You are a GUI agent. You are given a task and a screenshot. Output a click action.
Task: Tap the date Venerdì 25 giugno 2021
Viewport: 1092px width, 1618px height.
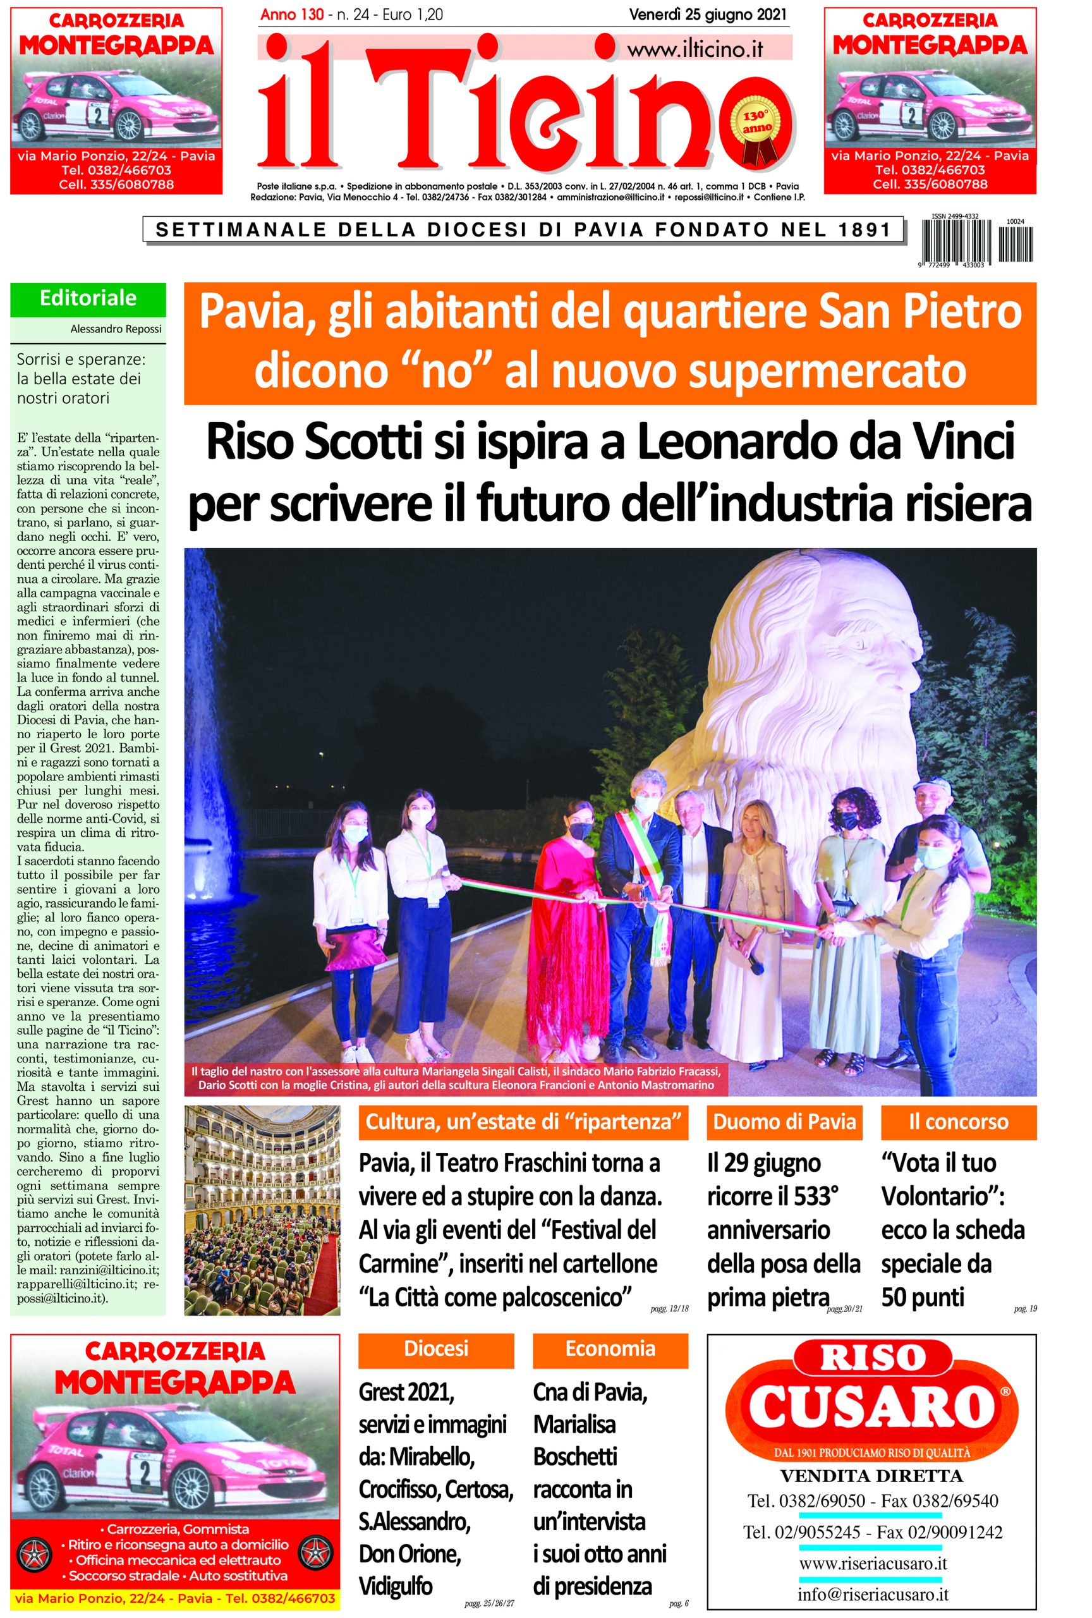(x=707, y=14)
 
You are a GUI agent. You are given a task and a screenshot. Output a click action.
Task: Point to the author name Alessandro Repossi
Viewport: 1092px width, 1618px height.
(x=116, y=329)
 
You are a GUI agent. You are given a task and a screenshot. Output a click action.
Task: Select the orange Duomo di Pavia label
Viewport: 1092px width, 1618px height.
(x=784, y=1122)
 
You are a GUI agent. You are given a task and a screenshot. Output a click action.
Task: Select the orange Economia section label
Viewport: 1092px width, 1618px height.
(x=610, y=1348)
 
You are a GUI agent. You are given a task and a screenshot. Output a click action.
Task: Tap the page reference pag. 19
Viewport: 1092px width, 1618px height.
(x=1025, y=1310)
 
